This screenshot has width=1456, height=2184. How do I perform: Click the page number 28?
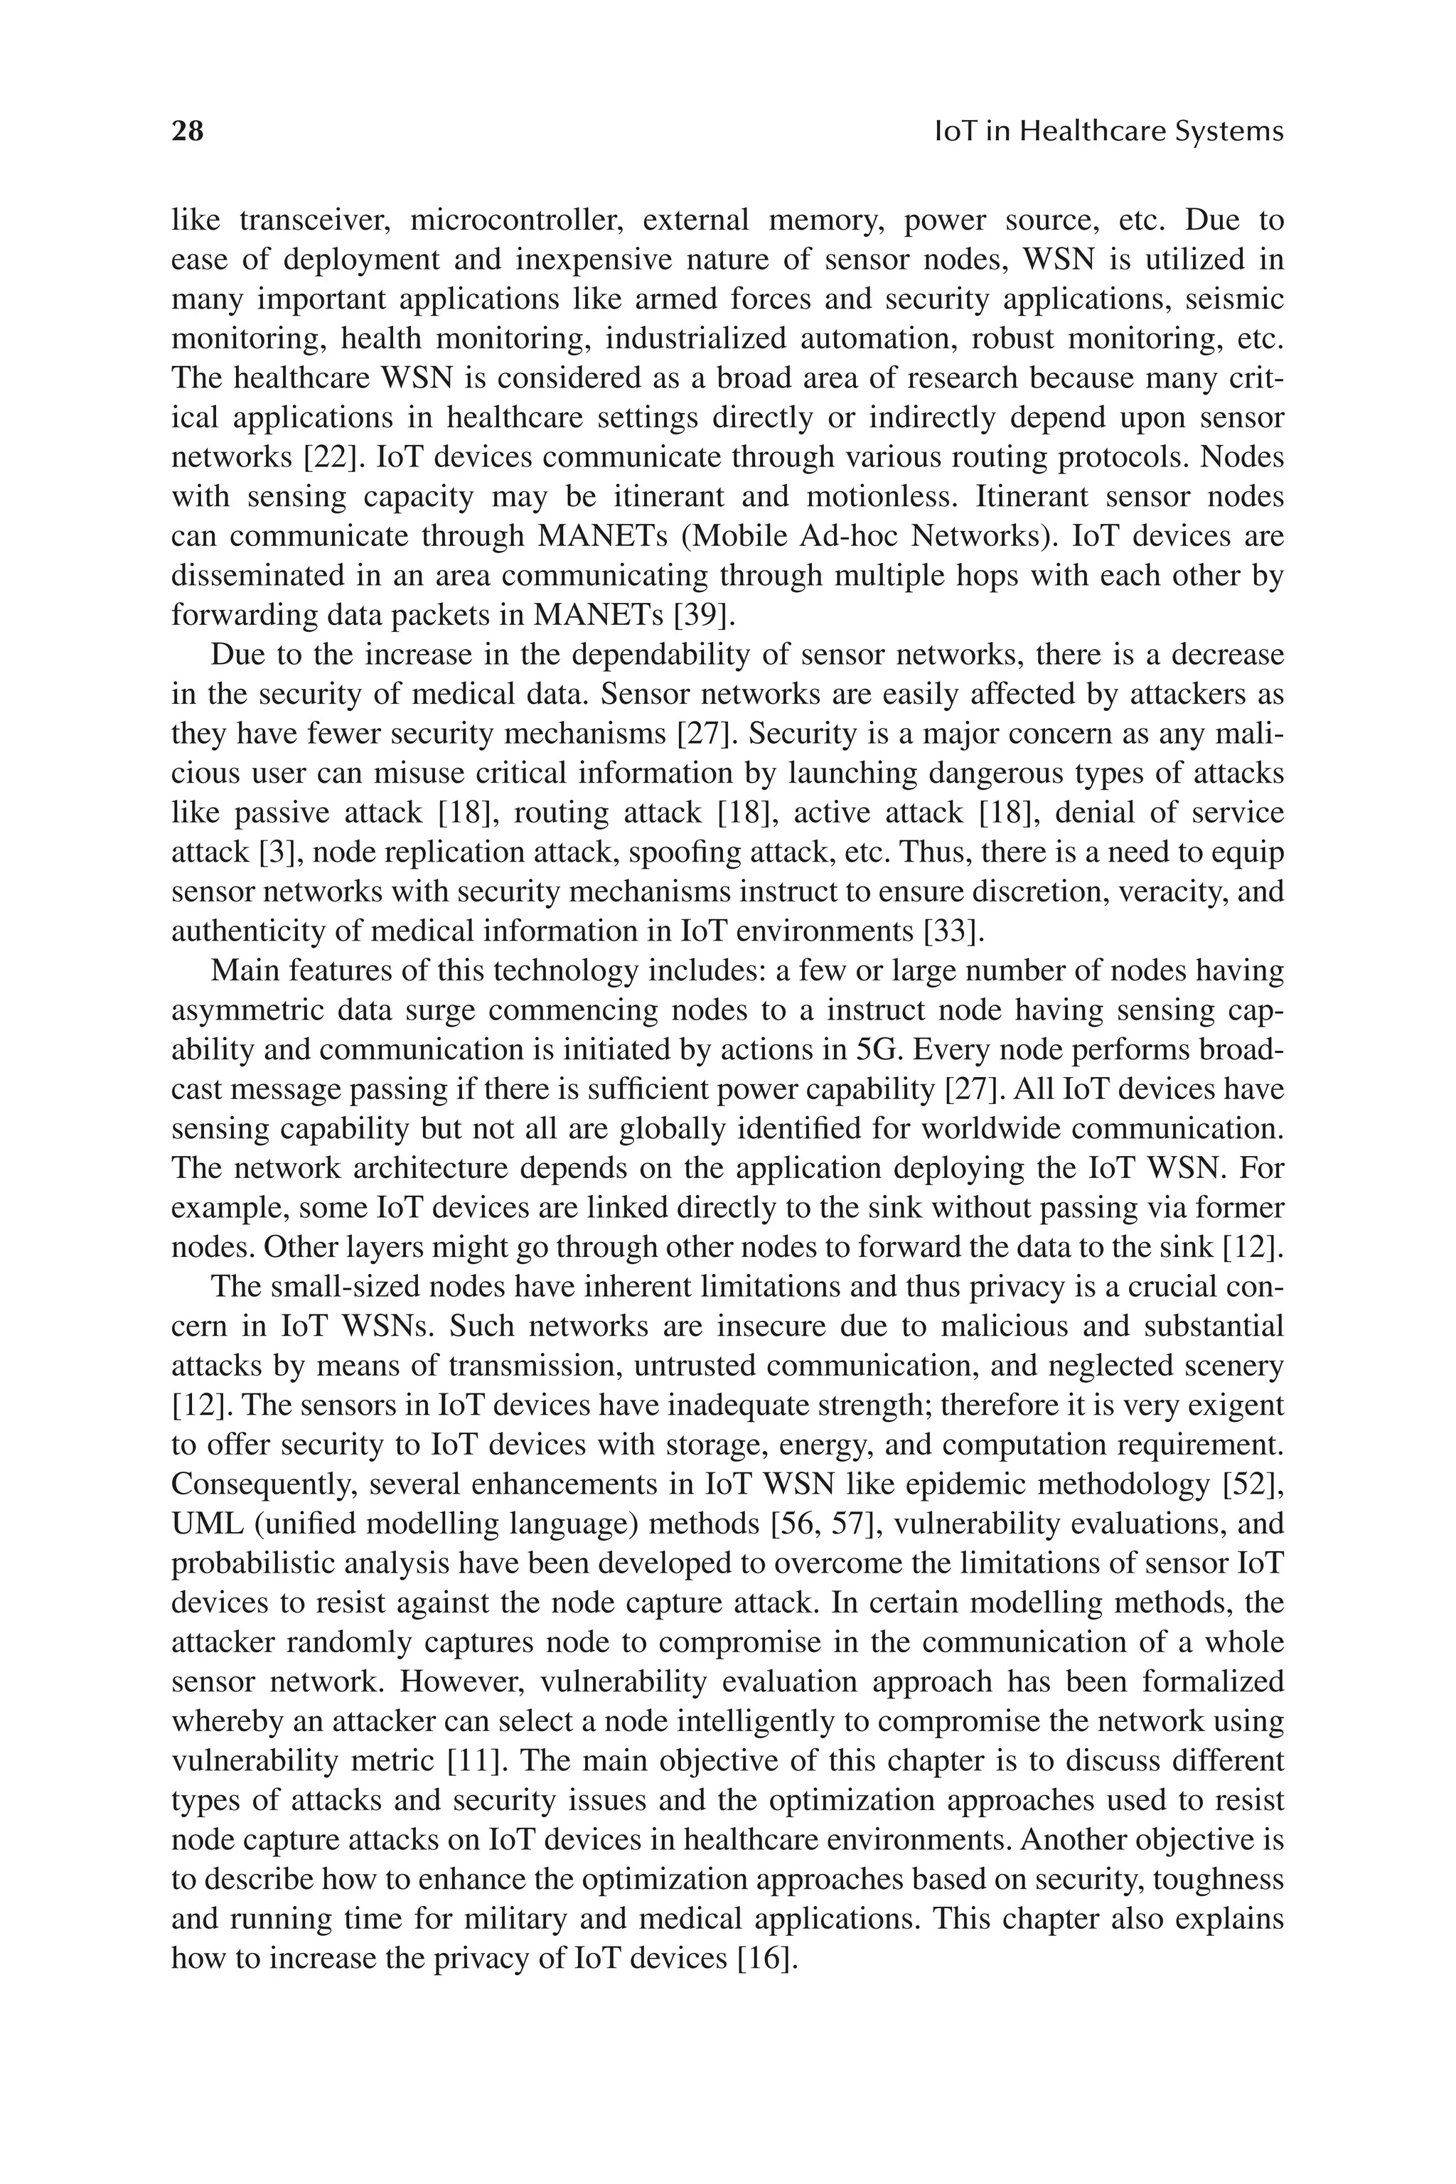[x=188, y=131]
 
